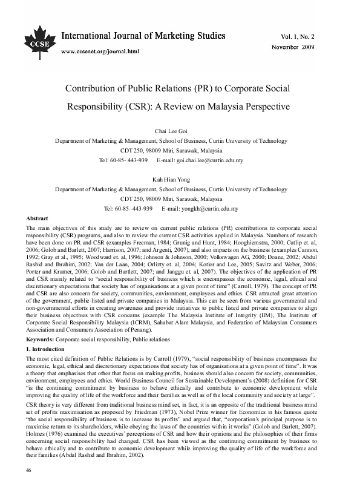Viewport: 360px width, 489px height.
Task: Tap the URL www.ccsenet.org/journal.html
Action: tap(100, 51)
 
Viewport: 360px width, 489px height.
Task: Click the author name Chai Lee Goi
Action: tap(180, 129)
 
